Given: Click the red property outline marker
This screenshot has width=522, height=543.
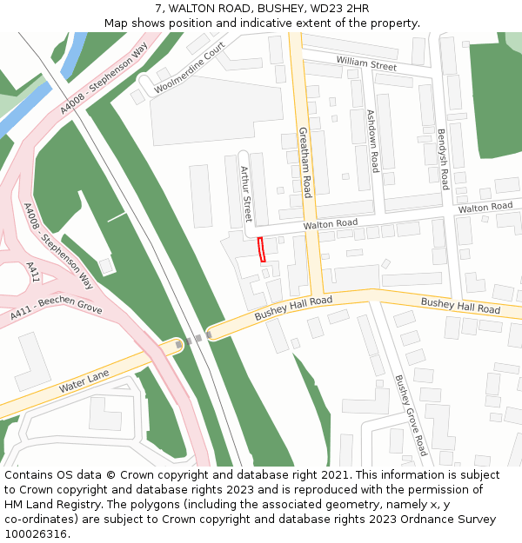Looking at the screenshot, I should [262, 248].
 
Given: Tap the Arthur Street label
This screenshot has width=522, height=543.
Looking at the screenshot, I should [245, 194].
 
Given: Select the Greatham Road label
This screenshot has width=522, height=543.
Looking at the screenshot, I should [305, 162].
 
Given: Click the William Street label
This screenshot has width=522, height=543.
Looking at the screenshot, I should [366, 63].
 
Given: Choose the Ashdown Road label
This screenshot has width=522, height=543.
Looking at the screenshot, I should [373, 141].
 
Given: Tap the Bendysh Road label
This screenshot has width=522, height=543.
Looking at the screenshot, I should [443, 160].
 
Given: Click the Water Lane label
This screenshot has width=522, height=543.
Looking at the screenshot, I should [84, 380].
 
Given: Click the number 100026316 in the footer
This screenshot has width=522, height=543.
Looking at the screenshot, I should [36, 533].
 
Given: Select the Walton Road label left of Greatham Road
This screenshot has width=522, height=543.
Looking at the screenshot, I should [331, 224].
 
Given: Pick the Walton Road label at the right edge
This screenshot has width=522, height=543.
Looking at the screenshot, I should [485, 207].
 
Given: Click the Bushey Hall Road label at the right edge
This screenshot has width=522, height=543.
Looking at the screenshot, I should [460, 305].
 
